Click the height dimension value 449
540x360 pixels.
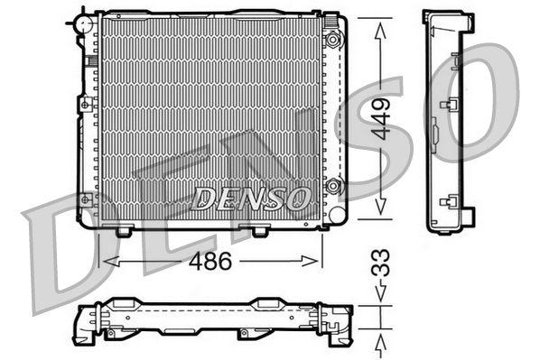(x=382, y=117)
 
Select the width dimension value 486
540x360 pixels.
(x=211, y=262)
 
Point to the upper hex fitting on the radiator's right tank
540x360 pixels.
(x=333, y=40)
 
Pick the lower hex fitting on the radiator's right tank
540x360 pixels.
(x=333, y=187)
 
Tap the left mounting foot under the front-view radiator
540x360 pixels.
(x=124, y=232)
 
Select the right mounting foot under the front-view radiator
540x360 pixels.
(x=259, y=232)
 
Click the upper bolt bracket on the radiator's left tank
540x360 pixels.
(x=86, y=105)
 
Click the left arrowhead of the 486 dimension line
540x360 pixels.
(x=105, y=262)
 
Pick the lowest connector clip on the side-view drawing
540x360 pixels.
(x=444, y=201)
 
